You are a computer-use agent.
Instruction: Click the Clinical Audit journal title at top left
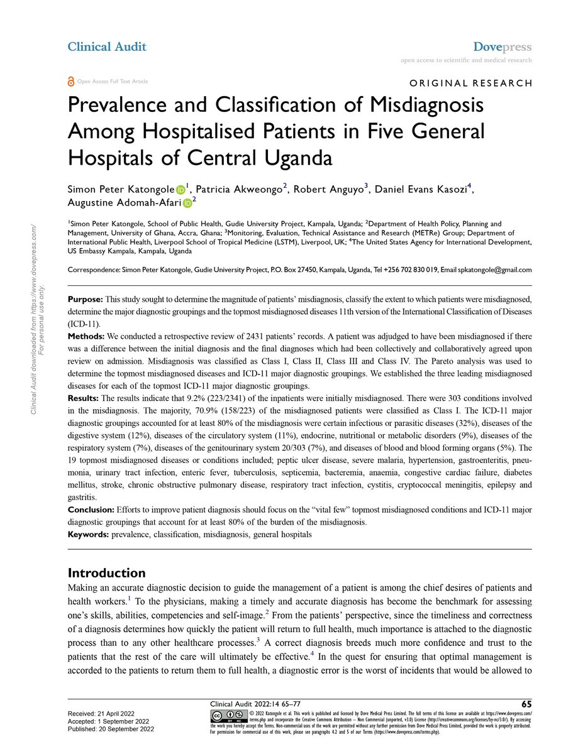click(106, 46)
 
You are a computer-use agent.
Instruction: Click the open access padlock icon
click(70, 81)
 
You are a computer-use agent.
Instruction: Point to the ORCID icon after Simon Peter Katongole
click(180, 188)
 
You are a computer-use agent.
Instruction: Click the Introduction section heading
click(106, 573)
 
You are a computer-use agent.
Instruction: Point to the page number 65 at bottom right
click(526, 703)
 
